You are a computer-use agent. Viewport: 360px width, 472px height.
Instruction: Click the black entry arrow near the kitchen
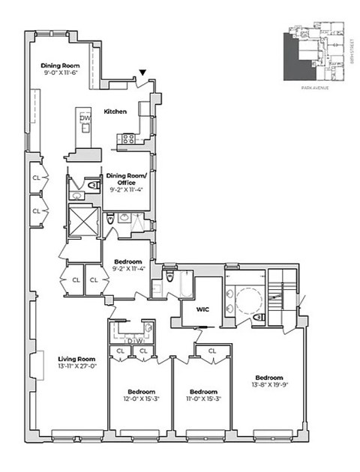142,73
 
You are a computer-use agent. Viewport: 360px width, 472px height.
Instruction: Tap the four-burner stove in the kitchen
127,138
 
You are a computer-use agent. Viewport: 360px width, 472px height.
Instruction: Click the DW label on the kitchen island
85,118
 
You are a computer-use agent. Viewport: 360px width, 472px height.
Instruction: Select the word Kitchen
115,112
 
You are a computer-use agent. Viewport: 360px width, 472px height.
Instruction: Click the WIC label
202,307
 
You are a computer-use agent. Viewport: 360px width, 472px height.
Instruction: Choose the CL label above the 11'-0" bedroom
212,350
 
